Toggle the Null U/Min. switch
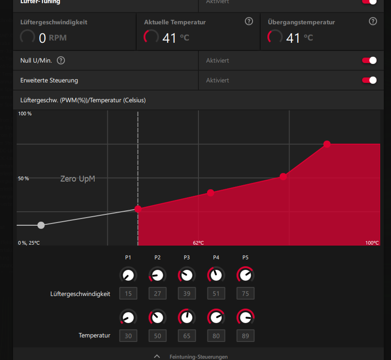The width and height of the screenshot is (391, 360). click(369, 60)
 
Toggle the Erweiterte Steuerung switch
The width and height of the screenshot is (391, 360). click(369, 80)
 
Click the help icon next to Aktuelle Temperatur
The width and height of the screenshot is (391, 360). click(249, 21)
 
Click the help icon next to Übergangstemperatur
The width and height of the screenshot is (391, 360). click(373, 21)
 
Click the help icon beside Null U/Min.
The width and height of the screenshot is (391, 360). click(61, 60)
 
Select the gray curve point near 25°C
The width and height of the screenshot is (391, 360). click(41, 225)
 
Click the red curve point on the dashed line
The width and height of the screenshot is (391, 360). click(138, 209)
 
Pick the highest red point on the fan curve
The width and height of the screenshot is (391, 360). click(327, 144)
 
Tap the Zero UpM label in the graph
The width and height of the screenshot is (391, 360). click(78, 179)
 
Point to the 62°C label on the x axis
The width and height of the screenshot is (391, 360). click(198, 243)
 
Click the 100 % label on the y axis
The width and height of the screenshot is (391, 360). click(25, 114)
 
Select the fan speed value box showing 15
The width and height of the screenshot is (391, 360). click(128, 294)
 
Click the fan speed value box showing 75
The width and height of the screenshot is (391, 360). click(245, 294)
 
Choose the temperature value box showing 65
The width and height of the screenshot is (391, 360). click(187, 336)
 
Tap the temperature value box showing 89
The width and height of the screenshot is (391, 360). click(245, 336)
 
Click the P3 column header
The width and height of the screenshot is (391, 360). click(187, 258)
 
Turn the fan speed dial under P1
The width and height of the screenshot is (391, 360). click(128, 275)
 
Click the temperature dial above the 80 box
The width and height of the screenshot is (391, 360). click(216, 317)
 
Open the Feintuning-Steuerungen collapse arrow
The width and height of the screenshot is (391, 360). click(157, 356)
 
